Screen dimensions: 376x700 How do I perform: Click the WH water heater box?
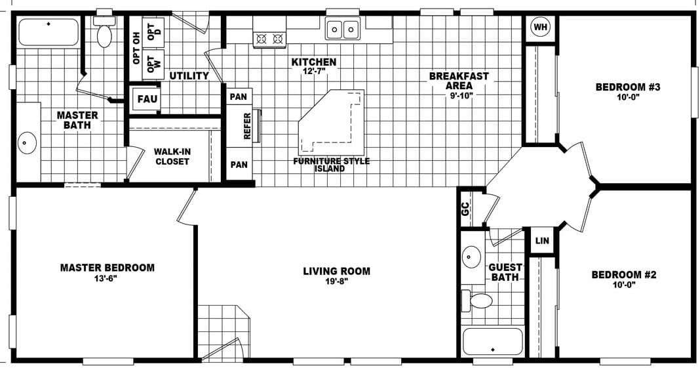tap(540, 27)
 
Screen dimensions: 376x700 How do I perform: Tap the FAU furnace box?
tap(146, 100)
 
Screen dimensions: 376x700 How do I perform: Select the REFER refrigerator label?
tap(248, 125)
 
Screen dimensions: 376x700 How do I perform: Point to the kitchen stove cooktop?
tap(270, 39)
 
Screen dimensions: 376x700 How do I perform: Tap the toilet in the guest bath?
tap(480, 301)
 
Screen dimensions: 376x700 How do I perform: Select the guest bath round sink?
tap(471, 257)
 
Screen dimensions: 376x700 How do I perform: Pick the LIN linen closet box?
tap(542, 241)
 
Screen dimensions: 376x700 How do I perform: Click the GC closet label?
tap(465, 209)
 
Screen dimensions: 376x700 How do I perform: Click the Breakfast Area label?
tap(459, 81)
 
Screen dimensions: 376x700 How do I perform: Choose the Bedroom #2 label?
tap(623, 275)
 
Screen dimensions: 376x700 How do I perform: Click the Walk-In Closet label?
tap(172, 156)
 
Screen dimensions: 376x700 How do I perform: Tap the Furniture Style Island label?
tap(332, 165)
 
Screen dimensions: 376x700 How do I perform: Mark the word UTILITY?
tap(189, 76)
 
